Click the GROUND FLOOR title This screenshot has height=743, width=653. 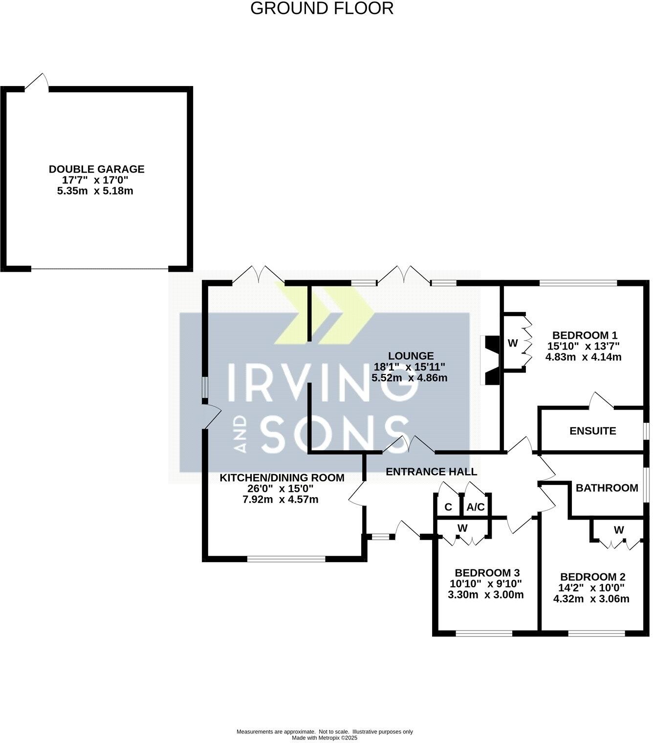(x=322, y=8)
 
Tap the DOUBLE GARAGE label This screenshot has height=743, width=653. (x=96, y=169)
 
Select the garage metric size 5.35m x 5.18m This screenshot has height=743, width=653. (x=95, y=191)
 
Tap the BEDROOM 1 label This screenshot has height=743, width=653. (x=585, y=335)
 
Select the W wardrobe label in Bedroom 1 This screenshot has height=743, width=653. (x=512, y=343)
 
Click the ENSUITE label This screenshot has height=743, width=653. (x=592, y=431)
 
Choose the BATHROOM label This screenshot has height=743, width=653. (x=607, y=487)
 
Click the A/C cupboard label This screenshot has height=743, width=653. (x=476, y=507)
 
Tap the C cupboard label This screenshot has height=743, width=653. (x=448, y=507)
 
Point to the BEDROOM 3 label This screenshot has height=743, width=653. (x=487, y=572)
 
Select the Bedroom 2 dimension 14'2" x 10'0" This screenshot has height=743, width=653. (x=592, y=588)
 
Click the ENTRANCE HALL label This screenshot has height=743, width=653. (x=431, y=472)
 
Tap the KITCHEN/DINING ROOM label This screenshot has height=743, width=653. (x=282, y=478)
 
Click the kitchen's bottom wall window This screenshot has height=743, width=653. (x=286, y=558)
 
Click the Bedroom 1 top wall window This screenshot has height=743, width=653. (x=578, y=283)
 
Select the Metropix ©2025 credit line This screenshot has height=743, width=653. (x=325, y=738)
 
